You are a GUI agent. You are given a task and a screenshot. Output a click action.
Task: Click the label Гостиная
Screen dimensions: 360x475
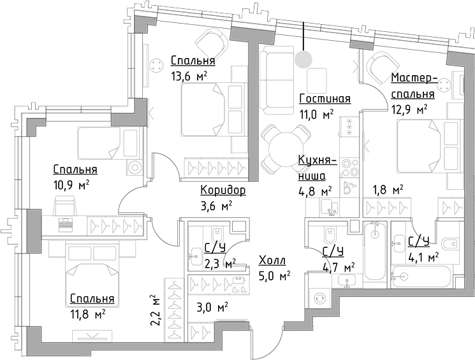325,99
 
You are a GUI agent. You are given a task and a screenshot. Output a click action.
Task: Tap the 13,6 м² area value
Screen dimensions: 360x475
189,76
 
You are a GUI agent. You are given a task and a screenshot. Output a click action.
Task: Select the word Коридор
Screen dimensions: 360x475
223,190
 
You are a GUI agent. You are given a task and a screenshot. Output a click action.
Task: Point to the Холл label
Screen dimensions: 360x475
272,261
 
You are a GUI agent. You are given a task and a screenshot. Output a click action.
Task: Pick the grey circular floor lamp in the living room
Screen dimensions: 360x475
303,59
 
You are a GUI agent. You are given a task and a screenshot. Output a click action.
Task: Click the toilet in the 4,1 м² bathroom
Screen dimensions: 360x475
451,243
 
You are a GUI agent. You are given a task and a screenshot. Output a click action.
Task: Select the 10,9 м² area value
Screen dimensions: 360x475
70,185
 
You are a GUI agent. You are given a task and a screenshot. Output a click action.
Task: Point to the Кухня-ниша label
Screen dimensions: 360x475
312,168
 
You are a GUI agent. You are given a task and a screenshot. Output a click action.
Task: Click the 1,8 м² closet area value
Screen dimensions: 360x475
388,190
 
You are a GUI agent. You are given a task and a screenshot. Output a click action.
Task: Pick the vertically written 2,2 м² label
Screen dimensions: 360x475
154,310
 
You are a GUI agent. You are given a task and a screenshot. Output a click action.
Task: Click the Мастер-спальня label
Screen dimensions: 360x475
413,86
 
